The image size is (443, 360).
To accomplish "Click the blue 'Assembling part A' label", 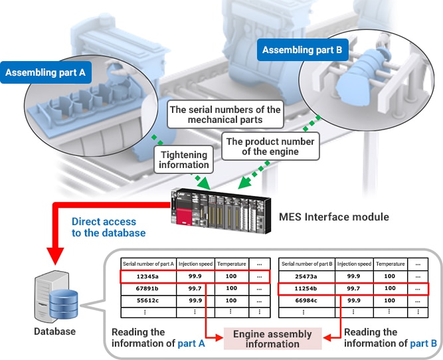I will point(46,73).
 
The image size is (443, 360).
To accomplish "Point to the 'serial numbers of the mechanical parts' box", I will point(225,115).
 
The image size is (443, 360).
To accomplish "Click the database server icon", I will point(56,299).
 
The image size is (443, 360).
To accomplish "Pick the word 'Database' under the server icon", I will point(56,331).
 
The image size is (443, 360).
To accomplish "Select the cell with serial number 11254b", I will point(308,288).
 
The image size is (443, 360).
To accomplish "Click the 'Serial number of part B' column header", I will point(308,263).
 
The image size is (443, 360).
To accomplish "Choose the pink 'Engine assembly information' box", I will point(272,338).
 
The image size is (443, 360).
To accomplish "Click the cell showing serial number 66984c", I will point(308,300).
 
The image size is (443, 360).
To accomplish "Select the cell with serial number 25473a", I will point(308,276).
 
